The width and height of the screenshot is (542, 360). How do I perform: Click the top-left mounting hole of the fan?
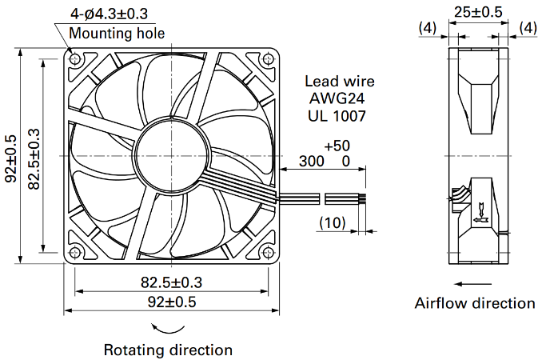click(74, 59)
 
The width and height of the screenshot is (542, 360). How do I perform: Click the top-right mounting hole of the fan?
click(268, 59)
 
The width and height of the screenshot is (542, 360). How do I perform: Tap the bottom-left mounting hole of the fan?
click(74, 253)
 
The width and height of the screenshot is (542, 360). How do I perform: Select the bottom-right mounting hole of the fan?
click(268, 253)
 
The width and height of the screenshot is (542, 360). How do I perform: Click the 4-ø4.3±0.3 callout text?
click(109, 14)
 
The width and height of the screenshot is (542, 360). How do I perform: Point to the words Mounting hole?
click(117, 33)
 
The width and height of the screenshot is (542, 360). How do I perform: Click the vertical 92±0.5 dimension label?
click(10, 158)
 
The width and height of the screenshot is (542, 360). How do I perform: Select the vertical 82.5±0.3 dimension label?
click(34, 159)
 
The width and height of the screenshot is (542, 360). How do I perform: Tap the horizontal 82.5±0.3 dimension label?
click(171, 282)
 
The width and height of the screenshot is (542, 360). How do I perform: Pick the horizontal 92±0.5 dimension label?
click(172, 302)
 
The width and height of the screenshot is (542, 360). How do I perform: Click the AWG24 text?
click(337, 98)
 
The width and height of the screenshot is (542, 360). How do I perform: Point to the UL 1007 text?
click(337, 116)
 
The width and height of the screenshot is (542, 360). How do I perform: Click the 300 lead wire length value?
click(312, 161)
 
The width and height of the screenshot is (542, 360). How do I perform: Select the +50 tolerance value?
click(337, 146)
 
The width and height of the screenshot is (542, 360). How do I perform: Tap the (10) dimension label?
click(333, 222)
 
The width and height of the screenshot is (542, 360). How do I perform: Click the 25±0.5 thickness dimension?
click(478, 12)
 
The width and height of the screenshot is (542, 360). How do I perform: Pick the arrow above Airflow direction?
click(472, 284)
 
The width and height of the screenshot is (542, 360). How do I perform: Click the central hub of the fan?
click(171, 156)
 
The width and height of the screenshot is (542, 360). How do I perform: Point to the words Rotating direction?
click(168, 350)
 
